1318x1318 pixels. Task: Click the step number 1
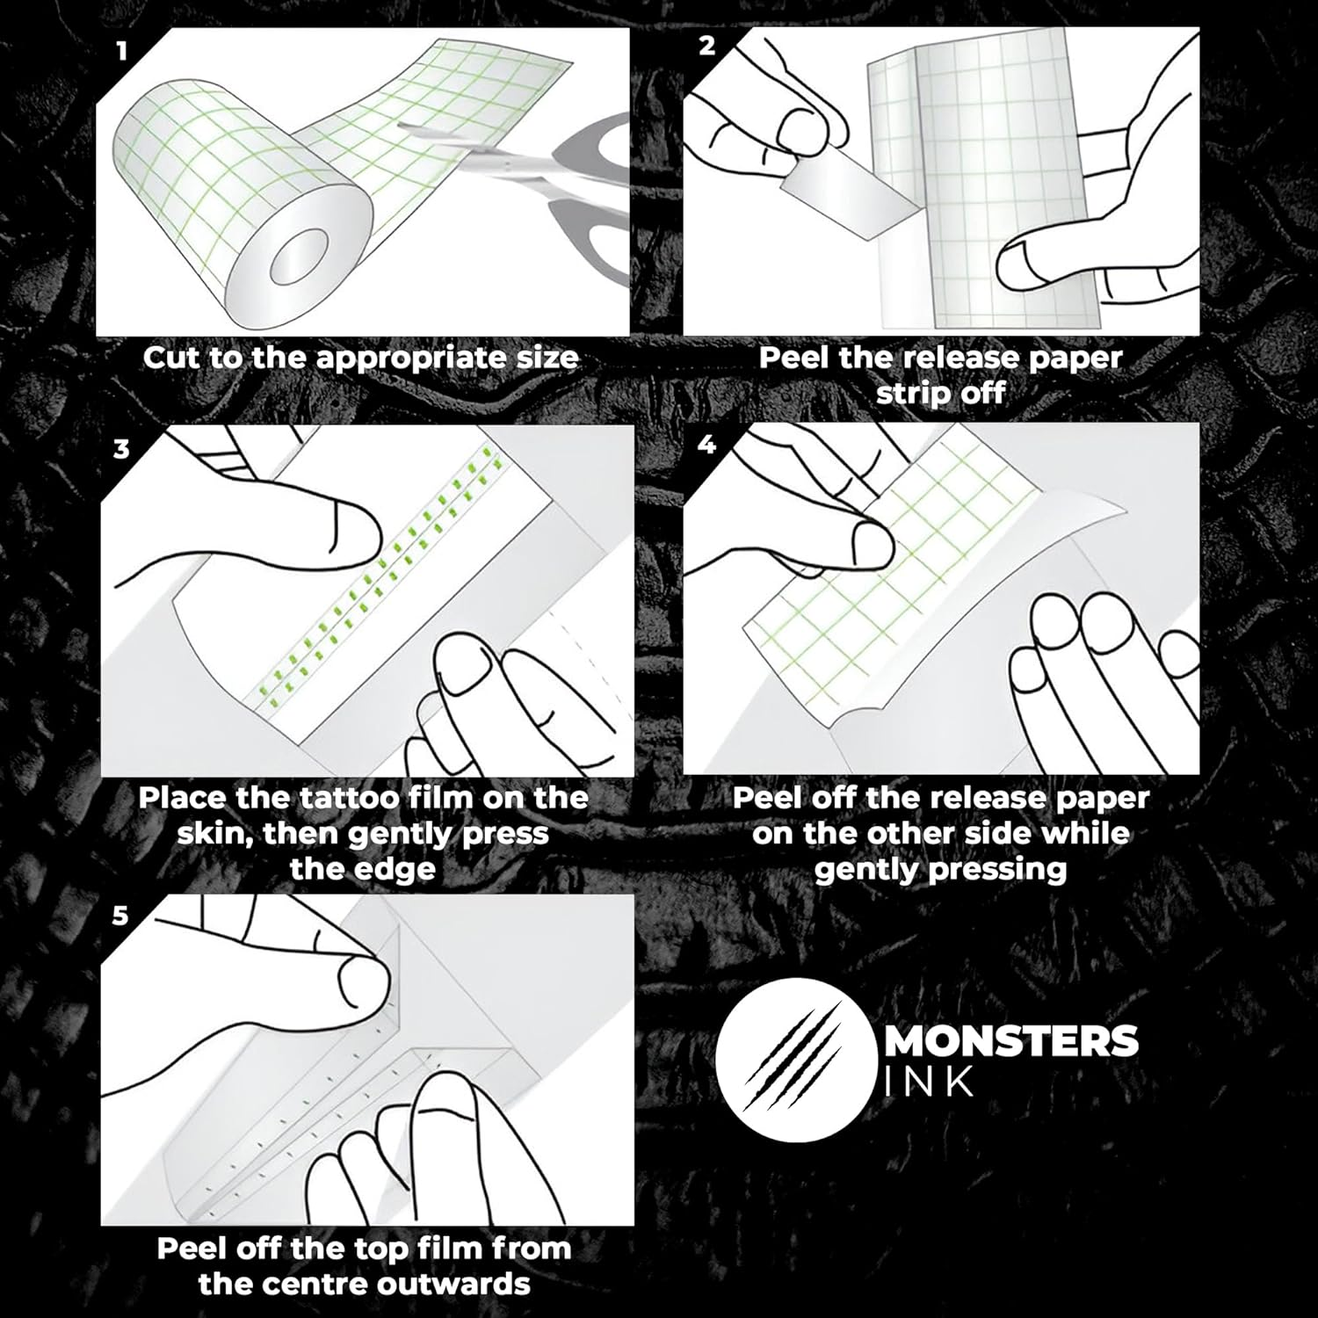click(122, 51)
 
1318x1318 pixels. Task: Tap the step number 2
click(707, 47)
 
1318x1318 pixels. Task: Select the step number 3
click(121, 449)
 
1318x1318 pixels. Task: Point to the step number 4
click(706, 445)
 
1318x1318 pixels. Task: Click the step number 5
click(120, 916)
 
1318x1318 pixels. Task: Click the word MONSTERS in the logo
click(1010, 1042)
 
